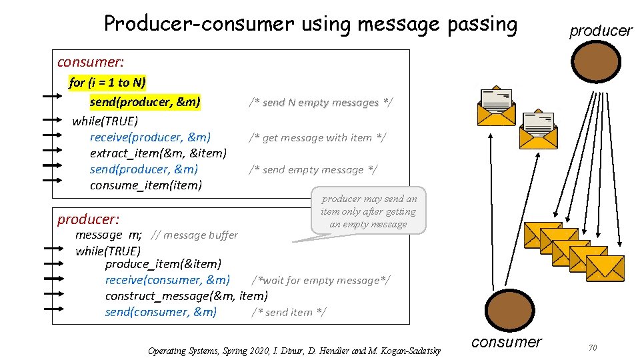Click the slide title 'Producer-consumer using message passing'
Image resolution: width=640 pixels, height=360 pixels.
(x=311, y=25)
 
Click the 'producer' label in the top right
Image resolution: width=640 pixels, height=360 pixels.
(x=600, y=31)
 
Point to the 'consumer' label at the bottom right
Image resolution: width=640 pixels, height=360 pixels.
(x=507, y=342)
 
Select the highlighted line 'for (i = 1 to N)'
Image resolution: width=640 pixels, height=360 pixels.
(x=107, y=83)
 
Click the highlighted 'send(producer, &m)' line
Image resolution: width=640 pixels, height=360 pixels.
(x=145, y=102)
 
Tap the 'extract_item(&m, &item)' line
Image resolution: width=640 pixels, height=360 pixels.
(x=158, y=153)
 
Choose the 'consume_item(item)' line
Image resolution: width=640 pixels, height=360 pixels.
(x=145, y=185)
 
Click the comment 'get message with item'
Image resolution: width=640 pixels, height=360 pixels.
(x=317, y=137)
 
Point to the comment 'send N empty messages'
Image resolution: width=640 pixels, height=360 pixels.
(x=321, y=102)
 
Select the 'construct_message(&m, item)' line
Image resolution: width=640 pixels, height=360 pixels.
(x=187, y=295)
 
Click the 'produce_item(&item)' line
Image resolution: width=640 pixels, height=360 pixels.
(x=163, y=264)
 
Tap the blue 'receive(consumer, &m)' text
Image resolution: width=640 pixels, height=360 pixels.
(x=167, y=280)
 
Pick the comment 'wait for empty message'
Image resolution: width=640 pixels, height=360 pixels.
(x=321, y=280)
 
